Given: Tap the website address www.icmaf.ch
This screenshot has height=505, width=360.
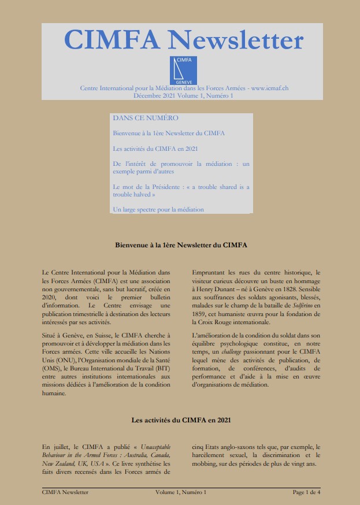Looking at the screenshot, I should click(x=270, y=88).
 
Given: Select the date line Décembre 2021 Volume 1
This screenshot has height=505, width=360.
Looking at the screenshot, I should click(x=183, y=95).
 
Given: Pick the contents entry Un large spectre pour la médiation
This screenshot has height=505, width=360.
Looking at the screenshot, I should click(x=158, y=209).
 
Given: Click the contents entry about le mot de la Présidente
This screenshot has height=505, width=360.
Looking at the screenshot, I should click(x=181, y=190).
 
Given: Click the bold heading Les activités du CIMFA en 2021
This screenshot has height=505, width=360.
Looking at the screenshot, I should click(x=181, y=419).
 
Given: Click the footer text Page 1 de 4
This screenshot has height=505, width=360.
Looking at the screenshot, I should click(x=306, y=492).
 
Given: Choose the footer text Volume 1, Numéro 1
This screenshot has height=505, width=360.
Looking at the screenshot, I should click(x=181, y=492).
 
